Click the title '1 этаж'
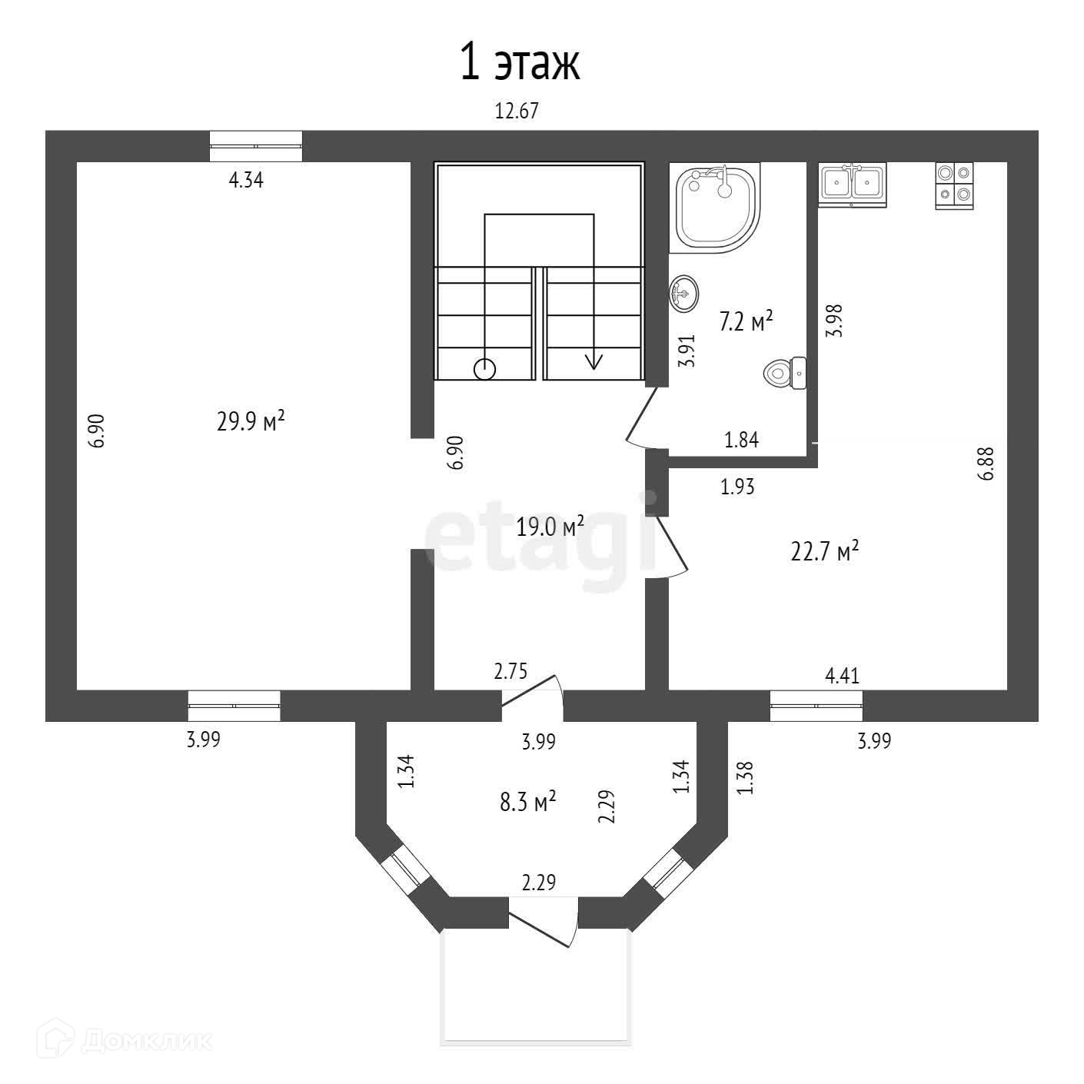point(519,63)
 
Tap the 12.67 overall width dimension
point(516,111)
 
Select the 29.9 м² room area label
point(251,421)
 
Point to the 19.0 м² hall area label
point(550,527)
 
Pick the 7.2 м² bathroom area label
point(745,321)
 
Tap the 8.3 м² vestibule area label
point(527,803)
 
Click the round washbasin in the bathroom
point(683,293)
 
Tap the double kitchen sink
point(852,185)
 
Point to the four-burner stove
point(954,185)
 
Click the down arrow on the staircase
point(594,361)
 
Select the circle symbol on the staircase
point(484,370)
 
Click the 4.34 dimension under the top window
point(246,181)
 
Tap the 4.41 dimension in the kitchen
point(842,677)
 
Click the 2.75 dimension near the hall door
point(510,672)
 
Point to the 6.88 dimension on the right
point(986,464)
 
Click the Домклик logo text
point(146,1040)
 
